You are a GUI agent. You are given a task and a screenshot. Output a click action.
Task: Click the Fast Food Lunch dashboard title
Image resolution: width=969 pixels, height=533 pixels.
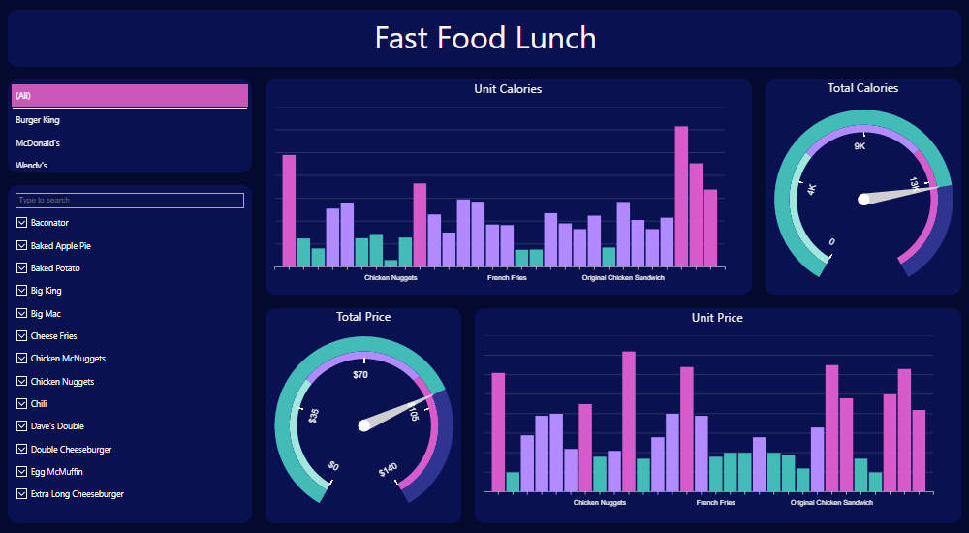pos(484,39)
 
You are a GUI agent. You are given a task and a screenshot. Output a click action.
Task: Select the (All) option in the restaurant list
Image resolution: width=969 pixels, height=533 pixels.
pos(129,95)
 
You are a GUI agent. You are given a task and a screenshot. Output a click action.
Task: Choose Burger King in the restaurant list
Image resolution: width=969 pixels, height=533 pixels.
pos(39,120)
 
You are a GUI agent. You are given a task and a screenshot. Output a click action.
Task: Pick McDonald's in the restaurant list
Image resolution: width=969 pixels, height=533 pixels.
pos(39,143)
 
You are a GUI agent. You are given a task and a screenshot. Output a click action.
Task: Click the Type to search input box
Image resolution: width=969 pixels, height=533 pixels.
pos(129,201)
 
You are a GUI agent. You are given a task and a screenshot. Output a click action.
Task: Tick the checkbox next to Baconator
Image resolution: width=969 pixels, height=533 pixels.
pos(21,223)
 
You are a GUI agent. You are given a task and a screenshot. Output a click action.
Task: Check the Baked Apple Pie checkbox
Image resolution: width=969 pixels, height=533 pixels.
pos(21,246)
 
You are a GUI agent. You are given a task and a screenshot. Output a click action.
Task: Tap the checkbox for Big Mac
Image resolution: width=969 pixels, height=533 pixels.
pos(21,314)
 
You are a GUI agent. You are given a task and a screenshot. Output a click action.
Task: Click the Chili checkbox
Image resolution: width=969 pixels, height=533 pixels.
pos(21,404)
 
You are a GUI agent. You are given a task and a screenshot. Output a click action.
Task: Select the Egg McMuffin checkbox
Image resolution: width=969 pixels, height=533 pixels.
pos(21,472)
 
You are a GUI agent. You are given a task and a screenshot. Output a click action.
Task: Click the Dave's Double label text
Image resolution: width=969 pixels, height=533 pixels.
pos(57,426)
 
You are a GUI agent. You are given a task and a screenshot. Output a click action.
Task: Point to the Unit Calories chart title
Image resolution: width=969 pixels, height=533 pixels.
pos(508,89)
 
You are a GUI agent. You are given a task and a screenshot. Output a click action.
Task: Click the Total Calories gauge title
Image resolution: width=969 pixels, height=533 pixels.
pos(862,88)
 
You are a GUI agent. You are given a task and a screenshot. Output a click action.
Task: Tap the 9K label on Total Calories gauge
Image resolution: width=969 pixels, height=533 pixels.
pos(860,146)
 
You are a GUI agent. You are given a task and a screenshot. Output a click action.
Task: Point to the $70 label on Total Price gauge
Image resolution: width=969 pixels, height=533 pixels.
pos(360,374)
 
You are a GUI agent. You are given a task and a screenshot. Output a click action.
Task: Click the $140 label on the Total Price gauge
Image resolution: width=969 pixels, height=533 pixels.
pos(388,471)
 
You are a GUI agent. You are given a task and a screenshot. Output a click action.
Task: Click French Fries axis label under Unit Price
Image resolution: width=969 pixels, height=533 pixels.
pos(715,503)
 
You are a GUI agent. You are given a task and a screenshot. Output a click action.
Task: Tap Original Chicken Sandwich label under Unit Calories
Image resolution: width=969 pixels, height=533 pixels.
pos(623,278)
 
